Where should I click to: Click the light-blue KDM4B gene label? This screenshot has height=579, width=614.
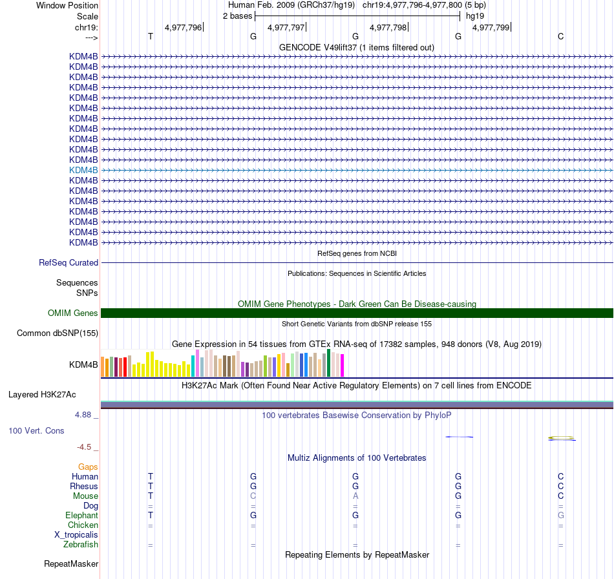[x=83, y=170]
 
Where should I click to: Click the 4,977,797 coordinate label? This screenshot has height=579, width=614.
[x=286, y=28]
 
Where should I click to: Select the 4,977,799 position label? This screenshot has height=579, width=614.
[x=491, y=28]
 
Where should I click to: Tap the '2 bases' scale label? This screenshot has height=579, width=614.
[x=237, y=16]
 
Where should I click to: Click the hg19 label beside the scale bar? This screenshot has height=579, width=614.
[x=475, y=16]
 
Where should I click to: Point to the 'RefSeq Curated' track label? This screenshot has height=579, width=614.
[x=69, y=263]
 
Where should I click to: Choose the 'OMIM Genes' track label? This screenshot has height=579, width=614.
[x=73, y=313]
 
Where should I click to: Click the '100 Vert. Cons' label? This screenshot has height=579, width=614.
[x=36, y=430]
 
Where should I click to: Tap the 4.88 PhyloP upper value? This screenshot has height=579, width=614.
[x=87, y=415]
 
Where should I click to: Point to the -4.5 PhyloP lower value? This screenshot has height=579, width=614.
[x=87, y=447]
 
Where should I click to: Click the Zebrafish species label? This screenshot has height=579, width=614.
[x=81, y=545]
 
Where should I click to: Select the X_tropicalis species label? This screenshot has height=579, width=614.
[x=76, y=535]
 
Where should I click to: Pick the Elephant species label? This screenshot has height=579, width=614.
[x=81, y=516]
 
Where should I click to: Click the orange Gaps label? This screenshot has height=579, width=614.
[x=88, y=467]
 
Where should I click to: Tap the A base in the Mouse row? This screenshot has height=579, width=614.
[x=355, y=496]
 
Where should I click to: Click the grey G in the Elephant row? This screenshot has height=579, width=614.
[x=561, y=516]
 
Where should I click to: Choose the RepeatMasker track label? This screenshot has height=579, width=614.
[x=71, y=564]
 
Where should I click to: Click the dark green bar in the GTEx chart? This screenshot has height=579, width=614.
[x=329, y=363]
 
